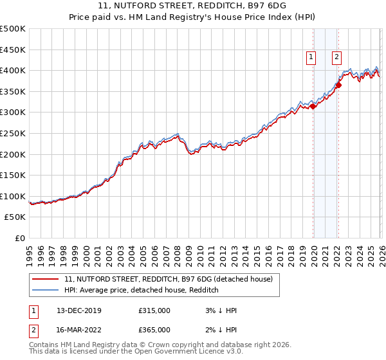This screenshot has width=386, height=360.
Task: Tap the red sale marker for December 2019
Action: coord(313,107)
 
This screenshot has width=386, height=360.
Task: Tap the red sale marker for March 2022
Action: coord(338,85)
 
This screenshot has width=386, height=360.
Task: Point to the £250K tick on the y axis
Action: coord(13,133)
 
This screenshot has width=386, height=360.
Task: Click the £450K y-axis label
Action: coord(13,49)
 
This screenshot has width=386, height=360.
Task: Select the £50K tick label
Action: coord(15,217)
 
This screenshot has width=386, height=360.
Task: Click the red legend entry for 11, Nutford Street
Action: coord(169,279)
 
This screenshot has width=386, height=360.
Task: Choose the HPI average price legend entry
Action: coord(142,290)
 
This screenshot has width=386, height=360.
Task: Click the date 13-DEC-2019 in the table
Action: coord(84,310)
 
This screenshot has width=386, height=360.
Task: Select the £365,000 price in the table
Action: coord(154,329)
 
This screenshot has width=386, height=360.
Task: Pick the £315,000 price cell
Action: coord(154,310)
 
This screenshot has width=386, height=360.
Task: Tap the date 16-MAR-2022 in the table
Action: coord(84,329)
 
